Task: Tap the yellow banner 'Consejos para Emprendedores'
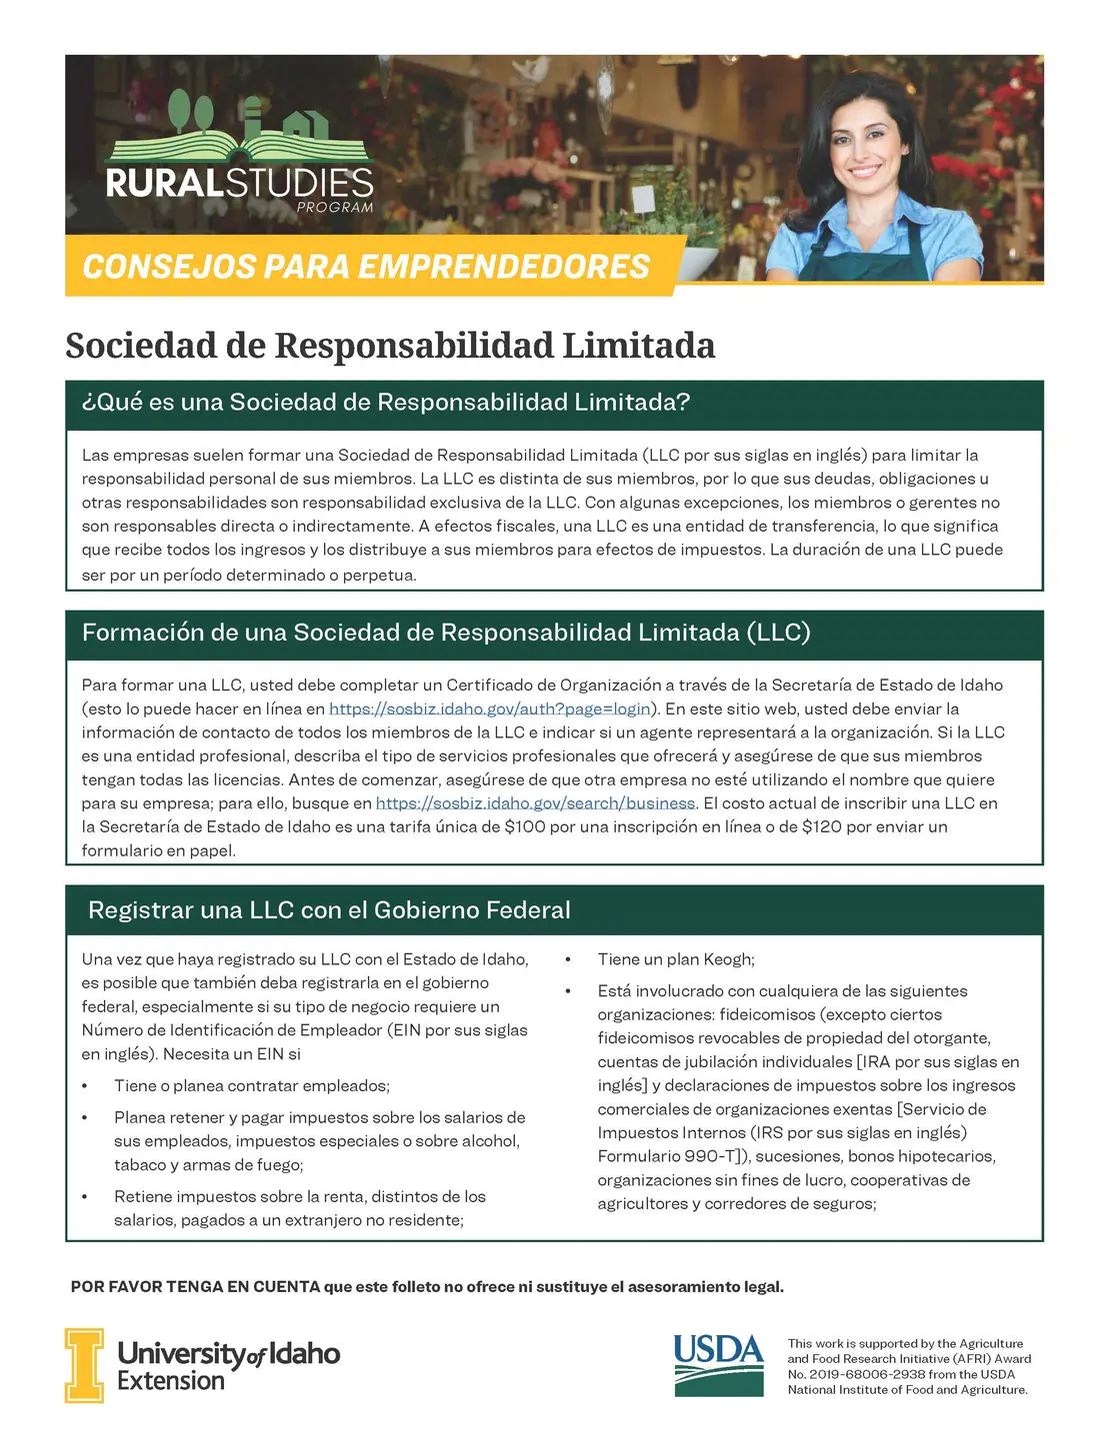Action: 366,267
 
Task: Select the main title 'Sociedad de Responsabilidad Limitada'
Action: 390,346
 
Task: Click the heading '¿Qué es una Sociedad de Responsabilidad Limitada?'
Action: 386,403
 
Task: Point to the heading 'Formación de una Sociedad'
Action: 446,633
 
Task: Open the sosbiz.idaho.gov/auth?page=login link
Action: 490,709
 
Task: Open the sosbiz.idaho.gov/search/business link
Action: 535,803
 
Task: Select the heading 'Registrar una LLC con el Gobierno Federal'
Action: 329,910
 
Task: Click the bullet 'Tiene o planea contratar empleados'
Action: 252,1085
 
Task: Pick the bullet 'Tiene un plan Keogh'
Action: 676,959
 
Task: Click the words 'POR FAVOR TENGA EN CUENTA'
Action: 195,1287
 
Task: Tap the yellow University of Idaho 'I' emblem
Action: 84,1365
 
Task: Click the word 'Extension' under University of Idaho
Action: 171,1381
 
